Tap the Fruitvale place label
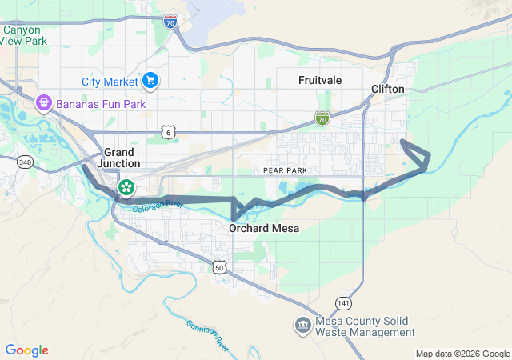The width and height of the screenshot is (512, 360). [320, 81]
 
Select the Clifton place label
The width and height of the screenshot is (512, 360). [387, 89]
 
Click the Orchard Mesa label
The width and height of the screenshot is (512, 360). [264, 229]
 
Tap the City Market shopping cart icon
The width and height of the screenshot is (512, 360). [150, 80]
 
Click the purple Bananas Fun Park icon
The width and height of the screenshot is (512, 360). [42, 103]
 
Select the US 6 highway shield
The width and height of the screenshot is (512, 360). [166, 131]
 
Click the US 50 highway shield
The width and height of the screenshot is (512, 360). [218, 267]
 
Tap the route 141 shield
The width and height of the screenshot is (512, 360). [343, 303]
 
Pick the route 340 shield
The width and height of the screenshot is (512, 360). [25, 162]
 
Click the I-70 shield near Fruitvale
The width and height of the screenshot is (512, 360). [322, 120]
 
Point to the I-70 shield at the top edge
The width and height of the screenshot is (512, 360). [170, 22]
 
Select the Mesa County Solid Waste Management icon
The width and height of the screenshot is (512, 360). [303, 325]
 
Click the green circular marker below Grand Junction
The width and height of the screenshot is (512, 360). [126, 188]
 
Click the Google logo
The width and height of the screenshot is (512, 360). [26, 350]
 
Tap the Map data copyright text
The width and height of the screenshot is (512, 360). [462, 354]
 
